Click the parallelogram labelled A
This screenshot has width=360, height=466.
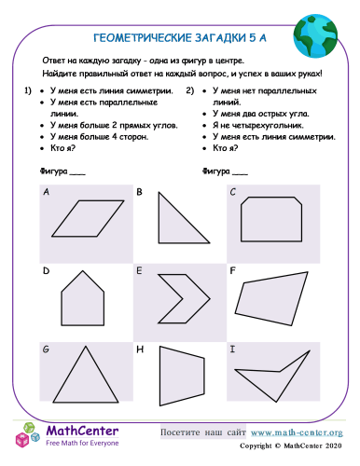click(x=88, y=218)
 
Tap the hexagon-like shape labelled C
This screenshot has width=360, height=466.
click(x=271, y=219)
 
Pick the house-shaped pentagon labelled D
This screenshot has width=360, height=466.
click(x=82, y=300)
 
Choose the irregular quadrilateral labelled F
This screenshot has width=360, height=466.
click(x=271, y=299)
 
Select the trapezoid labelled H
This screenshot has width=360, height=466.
click(x=182, y=376)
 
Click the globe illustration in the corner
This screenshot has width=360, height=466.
click(x=315, y=36)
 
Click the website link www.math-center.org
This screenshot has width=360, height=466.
click(x=297, y=432)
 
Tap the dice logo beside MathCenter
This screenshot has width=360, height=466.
click(x=28, y=435)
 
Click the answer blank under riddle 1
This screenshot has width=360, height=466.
click(x=77, y=174)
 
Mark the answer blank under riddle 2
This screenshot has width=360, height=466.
click(x=240, y=174)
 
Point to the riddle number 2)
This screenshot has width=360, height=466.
click(x=190, y=90)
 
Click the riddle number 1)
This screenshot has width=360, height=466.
click(x=28, y=90)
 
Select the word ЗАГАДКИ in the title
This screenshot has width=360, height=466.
click(x=220, y=38)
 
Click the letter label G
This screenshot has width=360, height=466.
click(x=46, y=349)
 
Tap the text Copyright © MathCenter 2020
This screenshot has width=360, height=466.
click(x=291, y=445)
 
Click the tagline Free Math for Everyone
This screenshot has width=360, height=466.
click(x=82, y=443)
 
